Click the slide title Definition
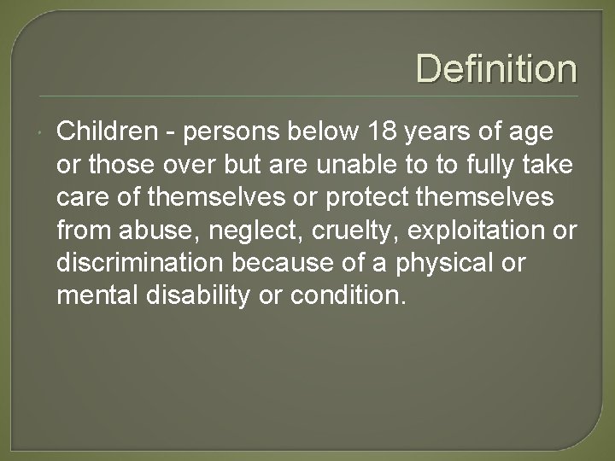click(496, 68)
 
